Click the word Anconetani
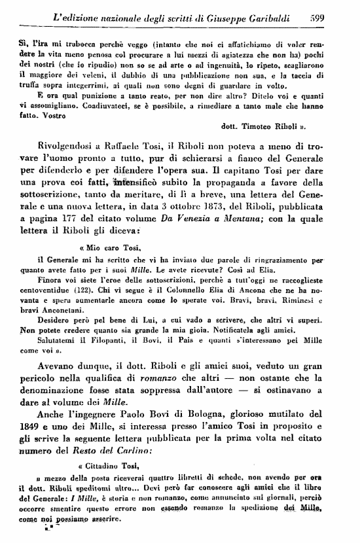click(67, 304)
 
